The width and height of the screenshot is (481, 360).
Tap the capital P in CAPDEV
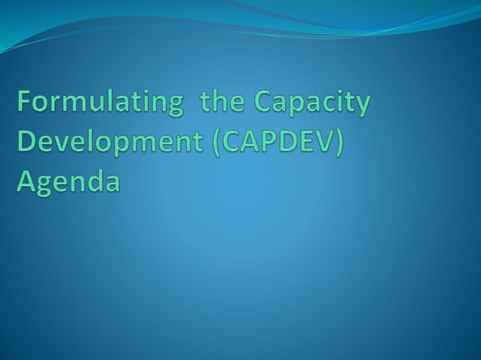[x=265, y=142]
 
